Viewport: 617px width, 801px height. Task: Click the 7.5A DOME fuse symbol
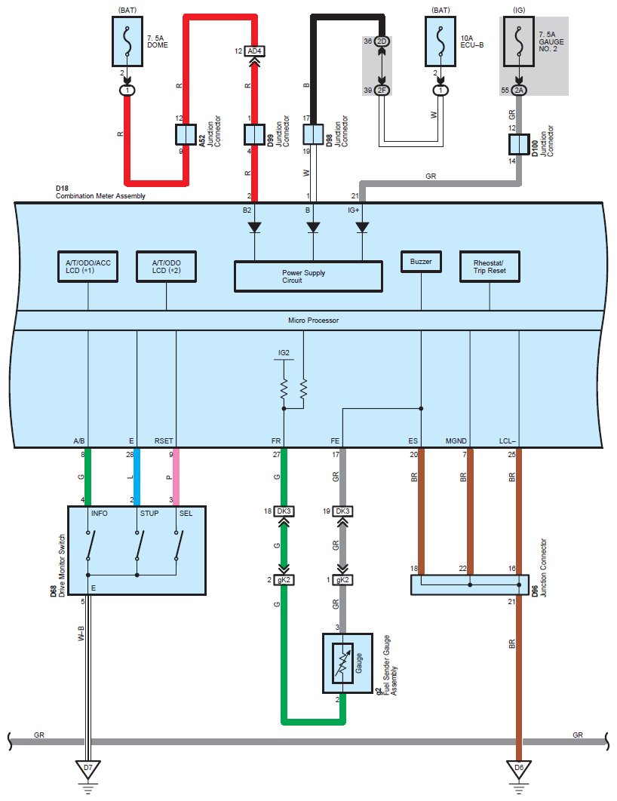(127, 41)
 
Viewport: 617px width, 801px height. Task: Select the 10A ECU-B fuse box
(440, 41)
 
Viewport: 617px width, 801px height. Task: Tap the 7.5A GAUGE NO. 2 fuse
(519, 41)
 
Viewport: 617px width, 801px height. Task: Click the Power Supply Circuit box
(308, 276)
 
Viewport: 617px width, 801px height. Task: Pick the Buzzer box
(421, 262)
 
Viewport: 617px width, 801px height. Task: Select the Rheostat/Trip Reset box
(490, 267)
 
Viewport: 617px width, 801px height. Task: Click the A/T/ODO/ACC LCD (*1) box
(87, 267)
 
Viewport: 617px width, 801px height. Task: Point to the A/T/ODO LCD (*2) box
(166, 267)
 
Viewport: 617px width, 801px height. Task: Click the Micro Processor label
(313, 321)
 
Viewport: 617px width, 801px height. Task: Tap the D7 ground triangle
(87, 769)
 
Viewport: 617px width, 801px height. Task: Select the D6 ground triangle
(519, 769)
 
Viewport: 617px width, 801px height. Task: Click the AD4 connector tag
(254, 51)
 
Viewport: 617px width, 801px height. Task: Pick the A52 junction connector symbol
(186, 135)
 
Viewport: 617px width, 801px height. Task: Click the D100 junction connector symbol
(519, 145)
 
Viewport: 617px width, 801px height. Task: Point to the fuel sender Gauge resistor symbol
(342, 663)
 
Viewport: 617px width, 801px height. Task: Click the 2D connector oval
(382, 41)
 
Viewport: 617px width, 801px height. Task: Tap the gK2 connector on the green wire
(284, 580)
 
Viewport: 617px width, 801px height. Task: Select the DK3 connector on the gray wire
(342, 511)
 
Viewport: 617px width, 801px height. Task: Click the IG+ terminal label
(354, 210)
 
